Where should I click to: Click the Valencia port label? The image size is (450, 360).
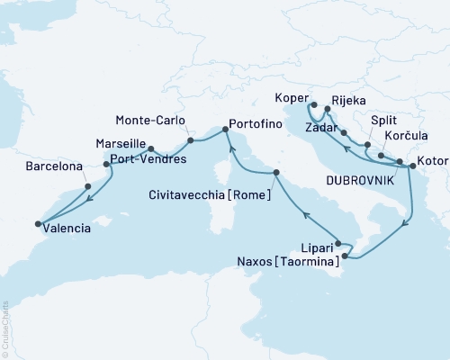[67, 229]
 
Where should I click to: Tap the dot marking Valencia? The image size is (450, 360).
[38, 224]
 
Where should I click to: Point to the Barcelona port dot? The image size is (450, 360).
[87, 186]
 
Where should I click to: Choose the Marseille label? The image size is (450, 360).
[121, 142]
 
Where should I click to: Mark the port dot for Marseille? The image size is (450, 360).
[149, 149]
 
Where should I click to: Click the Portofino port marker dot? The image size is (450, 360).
[224, 132]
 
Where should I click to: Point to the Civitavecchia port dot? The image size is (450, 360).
[276, 171]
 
